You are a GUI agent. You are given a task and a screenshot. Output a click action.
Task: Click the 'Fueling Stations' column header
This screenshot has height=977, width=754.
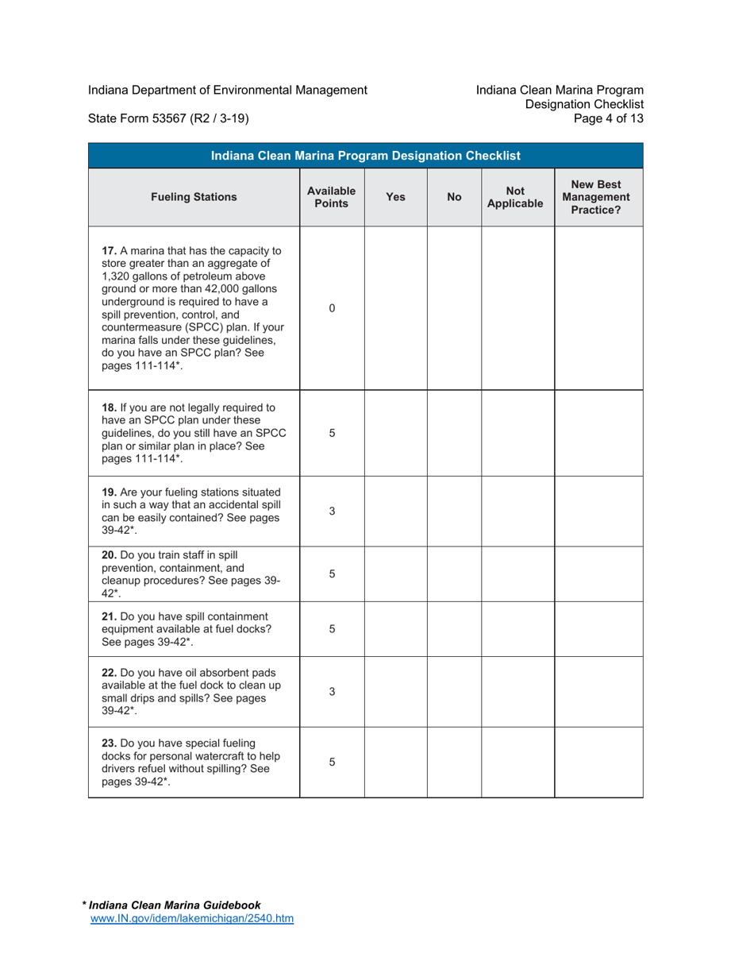pyautogui.click(x=194, y=198)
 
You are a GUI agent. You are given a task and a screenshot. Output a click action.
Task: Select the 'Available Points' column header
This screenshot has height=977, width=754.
pyautogui.click(x=332, y=198)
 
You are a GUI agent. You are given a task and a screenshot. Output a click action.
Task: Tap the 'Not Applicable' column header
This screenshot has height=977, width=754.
pyautogui.click(x=517, y=198)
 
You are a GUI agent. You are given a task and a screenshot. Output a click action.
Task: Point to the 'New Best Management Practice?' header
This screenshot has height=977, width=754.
pyautogui.click(x=598, y=198)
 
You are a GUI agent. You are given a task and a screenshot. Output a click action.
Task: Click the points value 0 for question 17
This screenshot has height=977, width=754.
pyautogui.click(x=332, y=308)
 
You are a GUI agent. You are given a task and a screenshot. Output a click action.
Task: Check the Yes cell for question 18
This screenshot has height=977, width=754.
pyautogui.click(x=395, y=434)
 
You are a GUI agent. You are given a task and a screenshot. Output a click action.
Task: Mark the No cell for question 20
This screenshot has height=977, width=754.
pyautogui.click(x=454, y=573)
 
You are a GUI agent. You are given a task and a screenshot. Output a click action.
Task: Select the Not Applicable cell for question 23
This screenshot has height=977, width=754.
pyautogui.click(x=517, y=763)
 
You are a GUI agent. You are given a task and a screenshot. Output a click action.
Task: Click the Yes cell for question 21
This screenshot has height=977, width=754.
pyautogui.click(x=395, y=629)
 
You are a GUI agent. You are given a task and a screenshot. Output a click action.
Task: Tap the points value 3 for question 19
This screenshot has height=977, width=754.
pyautogui.click(x=332, y=511)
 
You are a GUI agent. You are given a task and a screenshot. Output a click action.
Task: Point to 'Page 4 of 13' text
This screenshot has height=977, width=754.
pyautogui.click(x=613, y=119)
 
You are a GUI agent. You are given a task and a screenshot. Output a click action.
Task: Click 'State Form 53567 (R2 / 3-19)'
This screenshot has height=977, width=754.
pyautogui.click(x=169, y=119)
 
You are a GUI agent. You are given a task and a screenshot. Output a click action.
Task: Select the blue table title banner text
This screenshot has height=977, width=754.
pyautogui.click(x=365, y=156)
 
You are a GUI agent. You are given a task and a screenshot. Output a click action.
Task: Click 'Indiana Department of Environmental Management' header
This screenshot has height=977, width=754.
pyautogui.click(x=227, y=91)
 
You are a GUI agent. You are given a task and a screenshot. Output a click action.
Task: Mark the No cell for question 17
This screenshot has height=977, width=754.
pyautogui.click(x=454, y=308)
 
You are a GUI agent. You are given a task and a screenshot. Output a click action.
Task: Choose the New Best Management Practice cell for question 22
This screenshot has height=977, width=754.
pyautogui.click(x=598, y=692)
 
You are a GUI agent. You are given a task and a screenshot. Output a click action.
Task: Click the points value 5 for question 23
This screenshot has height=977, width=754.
pyautogui.click(x=332, y=763)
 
